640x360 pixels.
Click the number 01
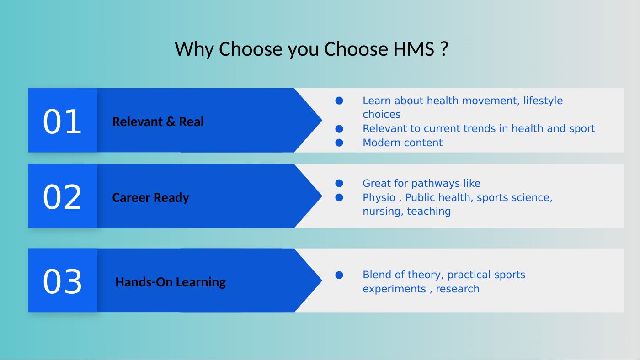pos(62,122)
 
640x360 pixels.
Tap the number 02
pos(62,197)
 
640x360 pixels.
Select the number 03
pos(62,281)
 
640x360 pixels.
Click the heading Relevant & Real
pos(158,122)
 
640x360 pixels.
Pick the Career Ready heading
pos(150,197)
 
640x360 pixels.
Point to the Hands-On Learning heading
pos(171,282)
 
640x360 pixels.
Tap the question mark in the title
pos(444,49)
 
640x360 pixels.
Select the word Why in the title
pos(194,49)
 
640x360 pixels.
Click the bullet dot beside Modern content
pos(339,143)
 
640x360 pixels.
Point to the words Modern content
pos(403,143)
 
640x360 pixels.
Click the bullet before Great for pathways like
pos(339,183)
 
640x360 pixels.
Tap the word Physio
pos(379,197)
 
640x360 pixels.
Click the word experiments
pos(395,289)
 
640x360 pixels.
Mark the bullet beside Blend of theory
pos(339,275)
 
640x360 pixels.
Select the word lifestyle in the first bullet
pos(543,101)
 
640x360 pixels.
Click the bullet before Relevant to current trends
pos(339,129)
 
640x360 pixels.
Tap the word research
pos(458,289)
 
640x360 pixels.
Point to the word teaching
pos(429,212)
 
